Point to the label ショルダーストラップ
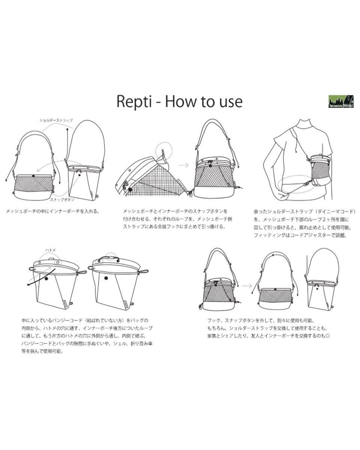[x=56, y=120]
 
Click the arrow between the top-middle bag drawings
[x=183, y=165]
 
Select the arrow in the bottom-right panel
[x=247, y=286]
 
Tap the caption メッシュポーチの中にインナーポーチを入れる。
[x=53, y=211]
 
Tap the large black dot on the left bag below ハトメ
[x=46, y=278]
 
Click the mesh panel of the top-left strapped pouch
[x=33, y=184]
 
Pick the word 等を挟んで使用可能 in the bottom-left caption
[x=42, y=352]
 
